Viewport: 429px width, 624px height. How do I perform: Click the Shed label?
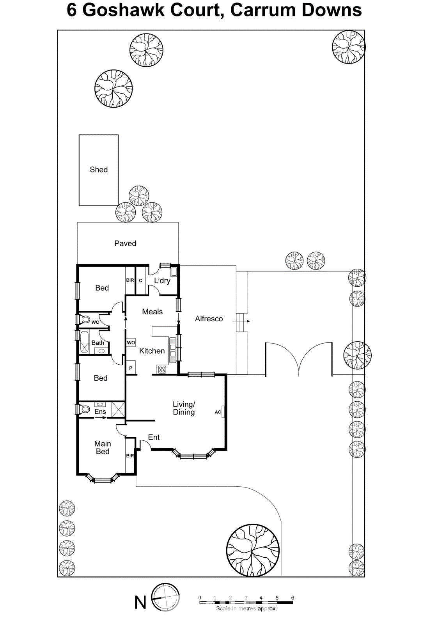pyautogui.click(x=99, y=170)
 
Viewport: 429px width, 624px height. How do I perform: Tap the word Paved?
pyautogui.click(x=125, y=243)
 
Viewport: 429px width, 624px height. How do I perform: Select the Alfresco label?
pyautogui.click(x=209, y=319)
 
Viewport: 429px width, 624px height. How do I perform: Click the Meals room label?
pyautogui.click(x=152, y=312)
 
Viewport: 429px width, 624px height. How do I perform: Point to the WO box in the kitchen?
pyautogui.click(x=131, y=342)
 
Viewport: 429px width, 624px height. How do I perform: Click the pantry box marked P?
pyautogui.click(x=131, y=368)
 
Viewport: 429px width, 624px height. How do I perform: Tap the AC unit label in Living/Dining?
pyautogui.click(x=218, y=412)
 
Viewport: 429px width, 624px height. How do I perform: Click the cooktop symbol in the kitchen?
pyautogui.click(x=162, y=369)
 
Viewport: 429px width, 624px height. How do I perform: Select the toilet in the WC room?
pyautogui.click(x=85, y=319)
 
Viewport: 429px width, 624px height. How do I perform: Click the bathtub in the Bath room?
pyautogui.click(x=84, y=342)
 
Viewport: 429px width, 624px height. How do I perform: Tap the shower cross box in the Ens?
pyautogui.click(x=118, y=409)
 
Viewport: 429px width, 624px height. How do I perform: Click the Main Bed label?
pyautogui.click(x=103, y=447)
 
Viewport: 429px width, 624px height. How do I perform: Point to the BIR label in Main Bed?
pyautogui.click(x=130, y=456)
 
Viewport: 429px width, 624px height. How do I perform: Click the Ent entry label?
pyautogui.click(x=154, y=437)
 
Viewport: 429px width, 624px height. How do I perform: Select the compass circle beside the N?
pyautogui.click(x=165, y=597)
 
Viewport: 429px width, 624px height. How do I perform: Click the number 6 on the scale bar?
pyautogui.click(x=292, y=597)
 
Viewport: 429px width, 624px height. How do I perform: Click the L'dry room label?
pyautogui.click(x=162, y=280)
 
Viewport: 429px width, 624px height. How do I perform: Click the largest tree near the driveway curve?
pyautogui.click(x=253, y=550)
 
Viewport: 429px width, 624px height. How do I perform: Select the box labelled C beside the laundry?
pyautogui.click(x=140, y=280)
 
